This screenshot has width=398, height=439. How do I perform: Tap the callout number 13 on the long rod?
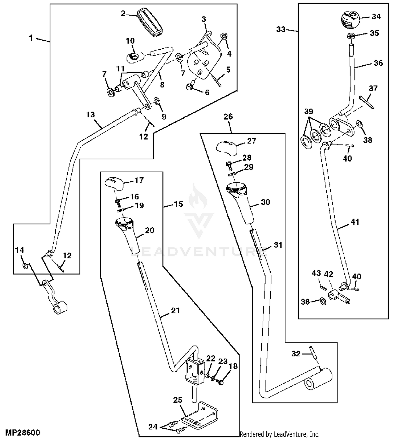pos(90,115)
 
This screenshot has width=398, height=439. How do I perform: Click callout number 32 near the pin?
pos(296,353)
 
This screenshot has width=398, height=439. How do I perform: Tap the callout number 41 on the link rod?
pos(355,222)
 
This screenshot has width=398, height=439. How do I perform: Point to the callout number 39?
pos(309,111)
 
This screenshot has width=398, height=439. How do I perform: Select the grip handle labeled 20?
pos(129,234)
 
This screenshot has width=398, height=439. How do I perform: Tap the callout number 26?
pos(228,117)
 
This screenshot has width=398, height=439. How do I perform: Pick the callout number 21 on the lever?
pos(175,310)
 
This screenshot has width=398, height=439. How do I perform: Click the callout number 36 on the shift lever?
pos(378,63)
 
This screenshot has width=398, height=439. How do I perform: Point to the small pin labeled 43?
pos(323,287)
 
